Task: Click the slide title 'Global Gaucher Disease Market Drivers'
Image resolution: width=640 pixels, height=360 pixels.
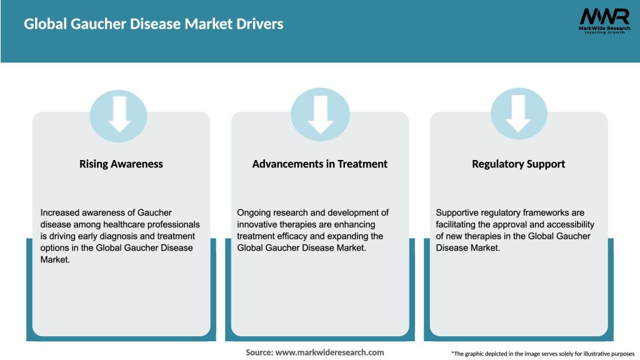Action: pos(154,24)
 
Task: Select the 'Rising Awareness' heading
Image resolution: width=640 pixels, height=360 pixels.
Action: pos(121,164)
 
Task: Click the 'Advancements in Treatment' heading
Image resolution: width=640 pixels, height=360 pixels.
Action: pos(319,164)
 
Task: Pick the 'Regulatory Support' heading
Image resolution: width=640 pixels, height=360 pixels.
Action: pos(518,164)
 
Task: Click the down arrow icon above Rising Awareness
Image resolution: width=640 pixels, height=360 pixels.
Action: pos(119,114)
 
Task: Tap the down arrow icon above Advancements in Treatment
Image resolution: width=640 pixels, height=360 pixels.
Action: pos(320,114)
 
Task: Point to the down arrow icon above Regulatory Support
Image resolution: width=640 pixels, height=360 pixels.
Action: pos(518,114)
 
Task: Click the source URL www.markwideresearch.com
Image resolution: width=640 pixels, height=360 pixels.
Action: pos(329,352)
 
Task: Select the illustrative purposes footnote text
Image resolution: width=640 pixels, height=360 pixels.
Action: pos(542,353)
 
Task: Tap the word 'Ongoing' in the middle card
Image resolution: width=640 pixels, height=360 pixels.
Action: pos(255,212)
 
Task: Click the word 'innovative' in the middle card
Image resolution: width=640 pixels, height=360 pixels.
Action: pos(259,224)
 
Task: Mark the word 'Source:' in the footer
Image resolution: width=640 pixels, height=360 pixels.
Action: pos(259,352)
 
